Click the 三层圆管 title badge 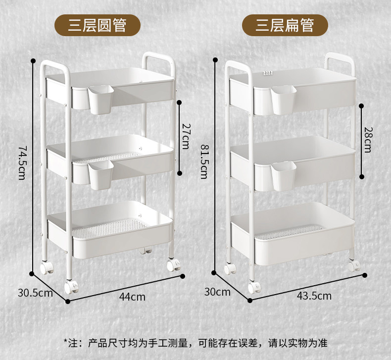coord(98,24)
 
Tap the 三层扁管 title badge coord(285,24)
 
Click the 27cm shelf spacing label coord(185,136)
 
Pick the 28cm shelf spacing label coord(367,140)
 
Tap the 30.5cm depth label coord(35,292)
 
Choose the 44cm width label coord(133,297)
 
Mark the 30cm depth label coord(217,292)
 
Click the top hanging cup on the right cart coord(284,101)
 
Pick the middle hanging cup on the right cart coord(284,176)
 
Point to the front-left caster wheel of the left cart coord(71,287)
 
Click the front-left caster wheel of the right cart coord(254,286)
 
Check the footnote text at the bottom coord(195,343)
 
